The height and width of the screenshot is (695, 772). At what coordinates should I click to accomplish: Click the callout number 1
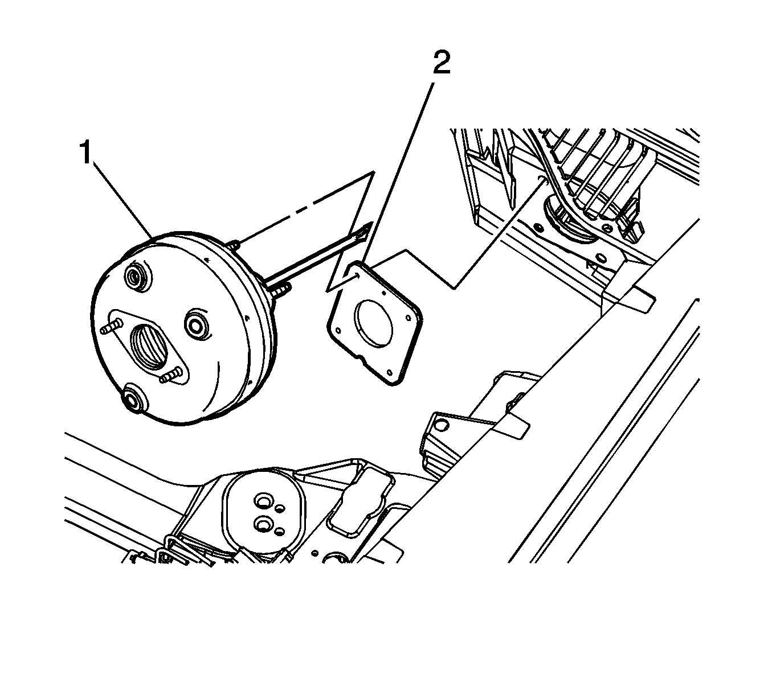[x=86, y=153]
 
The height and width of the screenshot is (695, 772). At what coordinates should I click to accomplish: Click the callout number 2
[x=442, y=63]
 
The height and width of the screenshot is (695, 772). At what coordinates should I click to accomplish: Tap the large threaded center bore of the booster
[x=149, y=346]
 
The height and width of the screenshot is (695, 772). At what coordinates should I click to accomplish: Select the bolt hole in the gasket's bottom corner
[x=389, y=372]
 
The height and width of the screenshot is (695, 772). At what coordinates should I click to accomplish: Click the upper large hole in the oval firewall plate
[x=264, y=501]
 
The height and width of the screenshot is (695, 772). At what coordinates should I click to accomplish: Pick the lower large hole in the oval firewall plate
[x=264, y=524]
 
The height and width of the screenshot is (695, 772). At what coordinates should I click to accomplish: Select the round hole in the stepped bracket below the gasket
[x=441, y=425]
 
